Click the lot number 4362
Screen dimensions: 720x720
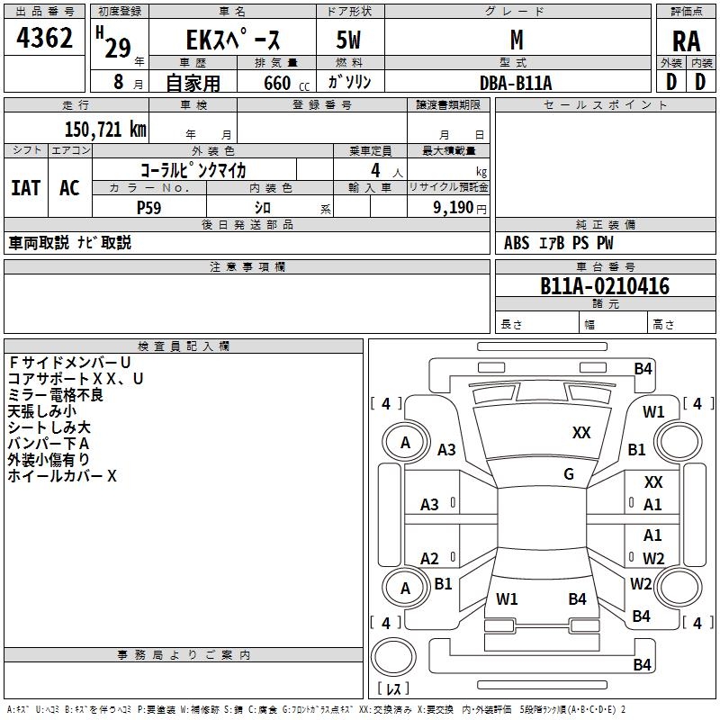(x=44, y=38)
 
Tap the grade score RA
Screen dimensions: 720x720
(x=686, y=41)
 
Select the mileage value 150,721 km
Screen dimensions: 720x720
(x=105, y=129)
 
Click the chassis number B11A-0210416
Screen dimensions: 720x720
(x=605, y=286)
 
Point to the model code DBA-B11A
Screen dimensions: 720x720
(x=516, y=83)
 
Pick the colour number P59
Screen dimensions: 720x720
(x=149, y=208)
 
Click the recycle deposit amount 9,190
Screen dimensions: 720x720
(x=453, y=208)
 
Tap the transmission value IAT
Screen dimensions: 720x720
(x=26, y=188)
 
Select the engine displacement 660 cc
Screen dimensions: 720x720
(x=286, y=84)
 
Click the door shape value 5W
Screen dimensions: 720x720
(x=348, y=40)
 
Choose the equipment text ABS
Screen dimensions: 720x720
(x=517, y=243)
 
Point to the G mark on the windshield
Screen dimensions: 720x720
(x=569, y=473)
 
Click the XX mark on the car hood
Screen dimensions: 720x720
(x=581, y=433)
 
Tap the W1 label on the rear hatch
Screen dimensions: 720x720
(x=507, y=598)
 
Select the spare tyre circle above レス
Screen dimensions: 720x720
(x=393, y=657)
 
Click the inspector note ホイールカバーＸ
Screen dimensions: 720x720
(x=62, y=476)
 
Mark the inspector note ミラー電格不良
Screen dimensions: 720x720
(x=56, y=395)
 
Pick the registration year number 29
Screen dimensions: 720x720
(x=118, y=48)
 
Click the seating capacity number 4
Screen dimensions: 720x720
(x=375, y=170)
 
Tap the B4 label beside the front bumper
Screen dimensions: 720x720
(x=643, y=369)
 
